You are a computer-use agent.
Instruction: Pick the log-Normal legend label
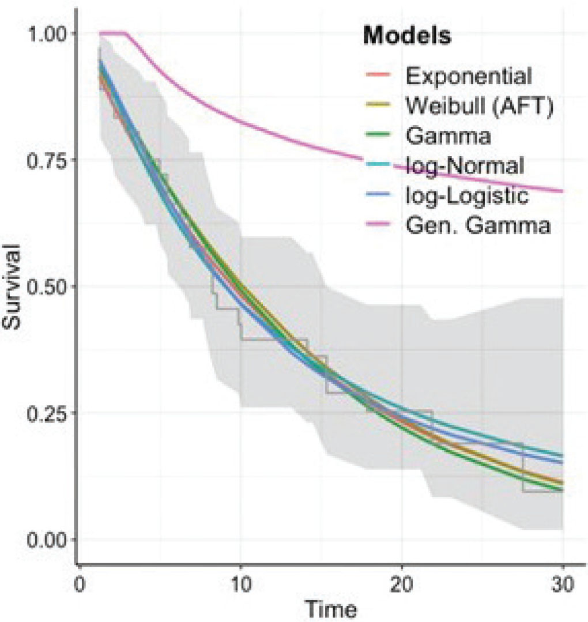[464, 166]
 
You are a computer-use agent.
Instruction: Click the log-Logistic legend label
[466, 196]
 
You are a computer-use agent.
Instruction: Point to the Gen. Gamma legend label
[477, 226]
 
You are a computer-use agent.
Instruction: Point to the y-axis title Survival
[13, 286]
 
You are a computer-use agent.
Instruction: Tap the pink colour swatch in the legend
[380, 226]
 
